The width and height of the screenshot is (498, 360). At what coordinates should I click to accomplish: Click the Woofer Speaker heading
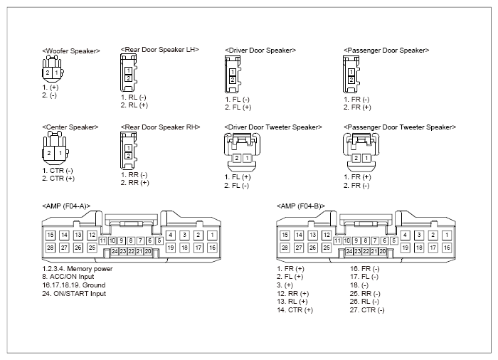coord(71,51)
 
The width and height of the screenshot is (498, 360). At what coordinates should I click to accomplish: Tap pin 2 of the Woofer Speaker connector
coord(48,73)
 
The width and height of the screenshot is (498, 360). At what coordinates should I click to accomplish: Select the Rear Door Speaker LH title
coord(160,50)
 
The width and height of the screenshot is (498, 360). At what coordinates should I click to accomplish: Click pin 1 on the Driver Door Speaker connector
coord(233,73)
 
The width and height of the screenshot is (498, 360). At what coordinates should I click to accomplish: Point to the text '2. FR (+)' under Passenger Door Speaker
coord(357,107)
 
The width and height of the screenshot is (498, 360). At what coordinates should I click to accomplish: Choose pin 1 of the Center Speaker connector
coord(60,153)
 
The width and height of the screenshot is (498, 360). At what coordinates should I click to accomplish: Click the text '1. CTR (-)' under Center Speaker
coord(58,171)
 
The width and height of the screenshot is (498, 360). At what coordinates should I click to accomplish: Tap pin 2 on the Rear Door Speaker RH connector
coord(128,156)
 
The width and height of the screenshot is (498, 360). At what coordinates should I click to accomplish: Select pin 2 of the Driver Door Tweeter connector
coord(237,158)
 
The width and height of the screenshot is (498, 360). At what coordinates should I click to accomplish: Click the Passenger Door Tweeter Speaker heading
coord(400,127)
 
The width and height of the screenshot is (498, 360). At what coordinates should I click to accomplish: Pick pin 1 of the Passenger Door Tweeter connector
coord(366,158)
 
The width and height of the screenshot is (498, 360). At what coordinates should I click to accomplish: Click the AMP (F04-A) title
coord(66,206)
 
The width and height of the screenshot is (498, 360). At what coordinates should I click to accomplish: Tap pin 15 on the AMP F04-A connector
coord(51,235)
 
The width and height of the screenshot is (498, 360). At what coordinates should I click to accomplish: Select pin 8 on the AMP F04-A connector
coord(130,241)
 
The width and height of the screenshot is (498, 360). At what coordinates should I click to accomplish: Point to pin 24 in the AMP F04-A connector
coord(115,251)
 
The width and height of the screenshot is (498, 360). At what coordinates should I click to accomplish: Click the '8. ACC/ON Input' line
coord(68,277)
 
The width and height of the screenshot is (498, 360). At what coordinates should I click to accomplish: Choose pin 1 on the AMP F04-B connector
coord(447,235)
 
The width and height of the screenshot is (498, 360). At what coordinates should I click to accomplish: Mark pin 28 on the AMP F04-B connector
coord(285,248)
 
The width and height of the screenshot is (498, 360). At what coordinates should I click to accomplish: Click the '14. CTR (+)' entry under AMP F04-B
coord(295,310)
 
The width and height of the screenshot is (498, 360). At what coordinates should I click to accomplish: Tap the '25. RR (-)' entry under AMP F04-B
coord(365,294)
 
